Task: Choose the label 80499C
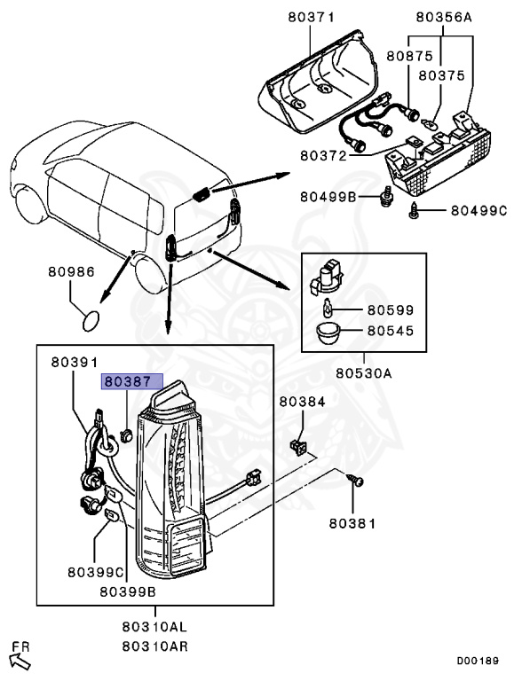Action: (x=478, y=210)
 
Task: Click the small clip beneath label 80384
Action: (x=299, y=444)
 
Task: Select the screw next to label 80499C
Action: (x=415, y=210)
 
